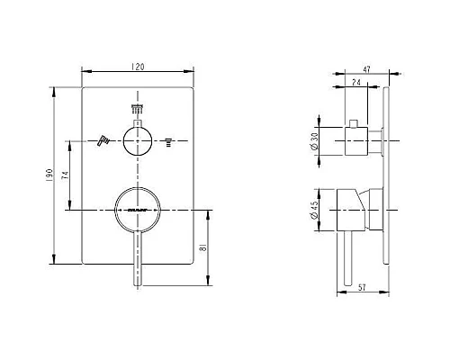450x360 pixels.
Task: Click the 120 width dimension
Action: [x=138, y=67]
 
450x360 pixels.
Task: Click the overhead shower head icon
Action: [x=138, y=110]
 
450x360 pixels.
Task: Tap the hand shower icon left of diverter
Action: [x=103, y=140]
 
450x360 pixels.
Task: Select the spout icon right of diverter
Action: [x=167, y=141]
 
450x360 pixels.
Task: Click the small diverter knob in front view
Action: [x=138, y=141]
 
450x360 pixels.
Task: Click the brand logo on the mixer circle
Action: [x=138, y=210]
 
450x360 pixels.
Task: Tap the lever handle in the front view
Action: [x=138, y=256]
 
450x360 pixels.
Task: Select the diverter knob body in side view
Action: [x=361, y=141]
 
